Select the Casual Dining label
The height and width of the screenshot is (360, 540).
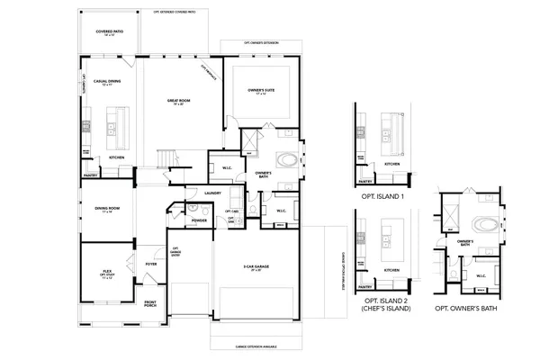(x=108, y=83)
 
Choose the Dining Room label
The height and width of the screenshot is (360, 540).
(x=107, y=210)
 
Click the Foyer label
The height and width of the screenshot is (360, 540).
(x=152, y=264)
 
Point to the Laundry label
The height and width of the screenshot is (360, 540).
(x=212, y=193)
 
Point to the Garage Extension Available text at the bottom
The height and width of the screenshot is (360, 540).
(x=256, y=344)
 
